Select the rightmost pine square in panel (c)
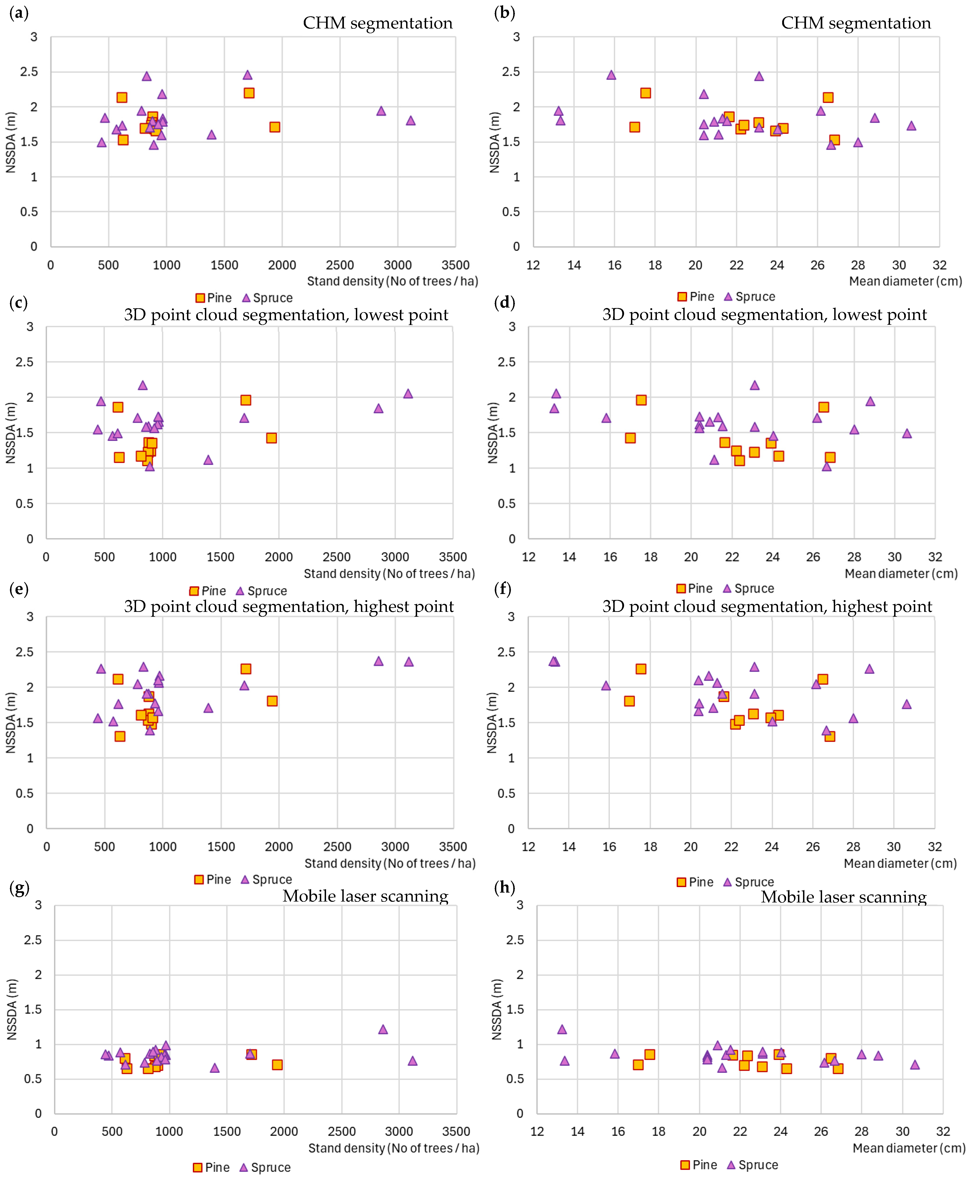tap(272, 438)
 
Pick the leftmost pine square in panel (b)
tap(635, 127)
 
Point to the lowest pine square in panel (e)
tap(120, 736)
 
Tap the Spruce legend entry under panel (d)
tap(749, 588)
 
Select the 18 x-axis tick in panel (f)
tap(650, 847)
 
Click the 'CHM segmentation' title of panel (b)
tap(856, 23)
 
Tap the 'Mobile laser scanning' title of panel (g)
tap(365, 896)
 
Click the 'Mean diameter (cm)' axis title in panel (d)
tap(901, 573)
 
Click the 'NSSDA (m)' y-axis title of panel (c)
tap(11, 433)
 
